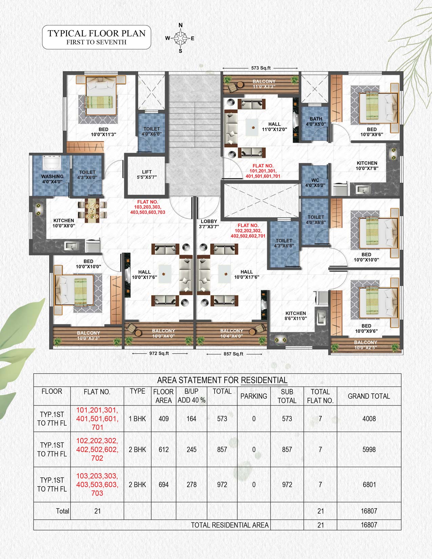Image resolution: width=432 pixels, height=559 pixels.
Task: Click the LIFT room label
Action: tap(147, 174)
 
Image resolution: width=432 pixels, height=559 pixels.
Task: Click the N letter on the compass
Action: tap(181, 25)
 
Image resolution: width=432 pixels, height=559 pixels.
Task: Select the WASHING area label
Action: tap(52, 179)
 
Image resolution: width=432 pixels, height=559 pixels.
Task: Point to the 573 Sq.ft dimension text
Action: tap(261, 68)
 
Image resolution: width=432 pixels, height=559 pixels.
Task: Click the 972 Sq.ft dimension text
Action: tap(159, 353)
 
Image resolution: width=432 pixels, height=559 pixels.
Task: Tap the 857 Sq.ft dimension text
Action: tap(233, 354)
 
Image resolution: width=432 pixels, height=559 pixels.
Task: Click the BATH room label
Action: tap(316, 121)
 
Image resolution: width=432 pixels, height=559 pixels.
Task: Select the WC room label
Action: tap(315, 183)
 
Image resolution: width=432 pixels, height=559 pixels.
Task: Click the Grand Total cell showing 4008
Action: tap(369, 418)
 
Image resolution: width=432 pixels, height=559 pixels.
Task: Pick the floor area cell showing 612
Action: tap(164, 450)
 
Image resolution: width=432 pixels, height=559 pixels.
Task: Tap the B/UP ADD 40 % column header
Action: tap(191, 396)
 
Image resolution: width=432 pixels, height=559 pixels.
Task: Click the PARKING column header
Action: tap(254, 396)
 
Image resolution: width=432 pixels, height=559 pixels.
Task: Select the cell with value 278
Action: tap(191, 484)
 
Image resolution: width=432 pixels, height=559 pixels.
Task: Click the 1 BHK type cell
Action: tap(138, 418)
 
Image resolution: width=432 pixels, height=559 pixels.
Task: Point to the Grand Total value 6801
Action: tap(369, 484)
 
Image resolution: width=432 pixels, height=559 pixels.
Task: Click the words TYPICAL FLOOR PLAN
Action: tap(97, 33)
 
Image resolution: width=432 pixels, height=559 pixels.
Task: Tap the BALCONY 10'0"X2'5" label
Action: tap(365, 345)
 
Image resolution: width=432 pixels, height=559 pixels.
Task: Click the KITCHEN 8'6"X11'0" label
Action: tap(296, 316)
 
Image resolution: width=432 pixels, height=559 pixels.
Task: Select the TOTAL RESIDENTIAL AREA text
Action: tap(230, 525)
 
